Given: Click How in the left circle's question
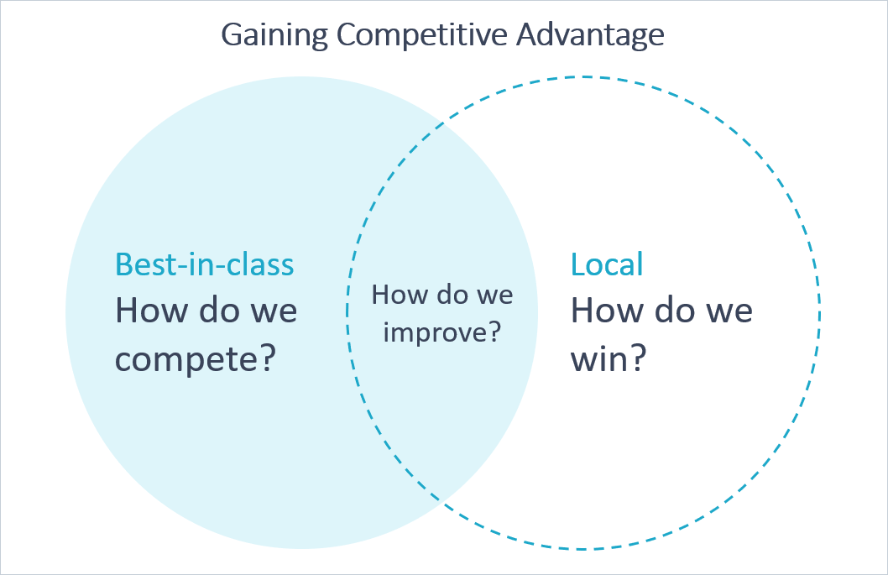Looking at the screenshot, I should point(145,311).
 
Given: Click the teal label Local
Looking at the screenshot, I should point(607,264).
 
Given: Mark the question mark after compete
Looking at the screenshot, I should point(266,358).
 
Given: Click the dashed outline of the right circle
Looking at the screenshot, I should point(820,313).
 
